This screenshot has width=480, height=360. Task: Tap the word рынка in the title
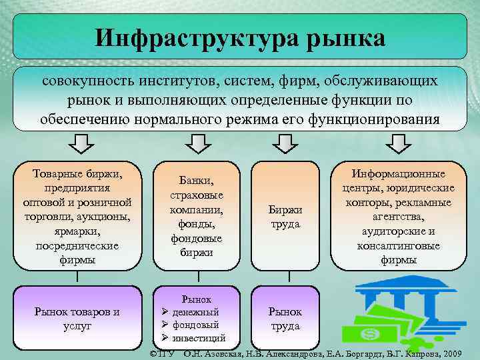coord(345,37)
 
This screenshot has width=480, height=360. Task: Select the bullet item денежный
coord(196,312)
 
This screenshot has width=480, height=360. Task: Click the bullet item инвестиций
coord(200,339)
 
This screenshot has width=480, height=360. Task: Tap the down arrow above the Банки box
coord(196,143)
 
